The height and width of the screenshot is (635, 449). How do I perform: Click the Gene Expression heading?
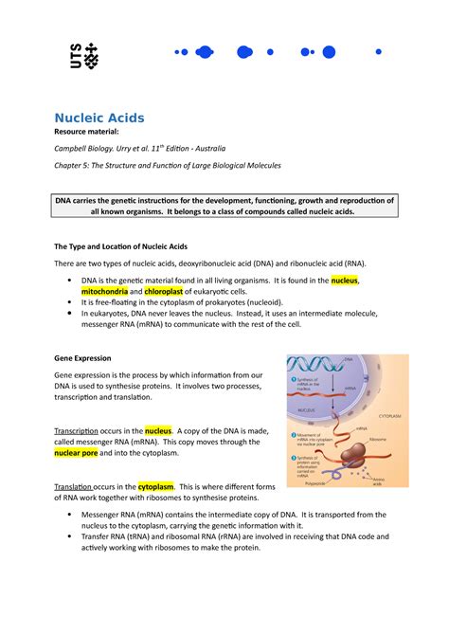click(x=82, y=359)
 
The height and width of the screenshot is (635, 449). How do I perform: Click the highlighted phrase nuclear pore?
click(x=81, y=453)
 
